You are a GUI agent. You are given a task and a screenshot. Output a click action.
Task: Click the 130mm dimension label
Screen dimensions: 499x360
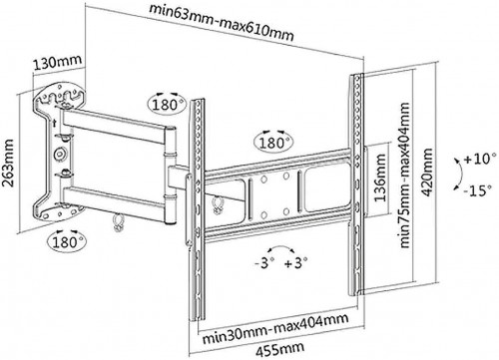pos(57,62)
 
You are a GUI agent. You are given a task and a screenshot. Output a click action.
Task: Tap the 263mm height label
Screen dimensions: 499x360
pos(8,163)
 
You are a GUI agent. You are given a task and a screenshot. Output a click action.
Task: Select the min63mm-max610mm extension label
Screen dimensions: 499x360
pos(222,22)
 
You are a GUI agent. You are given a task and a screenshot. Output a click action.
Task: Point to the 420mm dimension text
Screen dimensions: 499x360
pos(427,173)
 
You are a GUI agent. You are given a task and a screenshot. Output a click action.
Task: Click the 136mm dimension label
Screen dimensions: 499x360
pos(380,179)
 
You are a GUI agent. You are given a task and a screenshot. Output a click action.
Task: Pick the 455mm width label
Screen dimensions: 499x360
pos(279,349)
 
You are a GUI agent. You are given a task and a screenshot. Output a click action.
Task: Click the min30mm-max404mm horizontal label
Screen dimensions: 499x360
pos(275,328)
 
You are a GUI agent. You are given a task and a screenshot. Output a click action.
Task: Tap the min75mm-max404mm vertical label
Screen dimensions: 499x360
pos(404,176)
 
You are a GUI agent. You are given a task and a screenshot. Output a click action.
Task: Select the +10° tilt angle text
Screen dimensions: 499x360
pos(477,159)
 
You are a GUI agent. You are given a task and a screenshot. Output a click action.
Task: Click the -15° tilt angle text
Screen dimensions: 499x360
pos(478,190)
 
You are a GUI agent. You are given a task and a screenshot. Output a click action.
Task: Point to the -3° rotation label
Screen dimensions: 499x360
pos(264,263)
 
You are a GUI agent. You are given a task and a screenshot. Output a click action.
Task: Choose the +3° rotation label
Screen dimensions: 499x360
pos(296,263)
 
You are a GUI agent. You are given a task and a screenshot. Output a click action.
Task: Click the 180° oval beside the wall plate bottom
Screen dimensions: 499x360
pos(67,242)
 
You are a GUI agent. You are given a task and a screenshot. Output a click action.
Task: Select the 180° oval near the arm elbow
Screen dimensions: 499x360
pos(166,105)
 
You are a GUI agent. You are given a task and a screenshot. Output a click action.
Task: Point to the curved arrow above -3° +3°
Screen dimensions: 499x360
pos(281,247)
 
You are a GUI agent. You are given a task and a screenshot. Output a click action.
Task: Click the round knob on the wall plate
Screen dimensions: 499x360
pos(60,154)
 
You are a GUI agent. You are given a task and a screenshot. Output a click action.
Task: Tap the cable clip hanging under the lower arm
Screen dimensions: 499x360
pos(118,222)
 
